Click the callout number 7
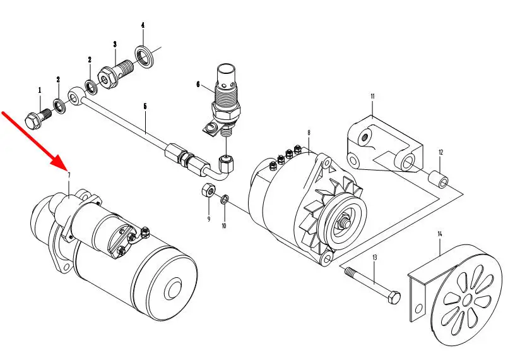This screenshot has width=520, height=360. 68,175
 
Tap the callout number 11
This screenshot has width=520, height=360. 372,97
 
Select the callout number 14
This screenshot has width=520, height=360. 440,234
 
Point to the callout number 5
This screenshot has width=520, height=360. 145,107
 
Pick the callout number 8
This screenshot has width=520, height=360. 309,133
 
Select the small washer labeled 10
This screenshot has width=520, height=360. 225,200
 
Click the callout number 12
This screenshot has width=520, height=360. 441,152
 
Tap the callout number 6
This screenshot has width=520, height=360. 198,83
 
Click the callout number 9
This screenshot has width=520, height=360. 208,219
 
